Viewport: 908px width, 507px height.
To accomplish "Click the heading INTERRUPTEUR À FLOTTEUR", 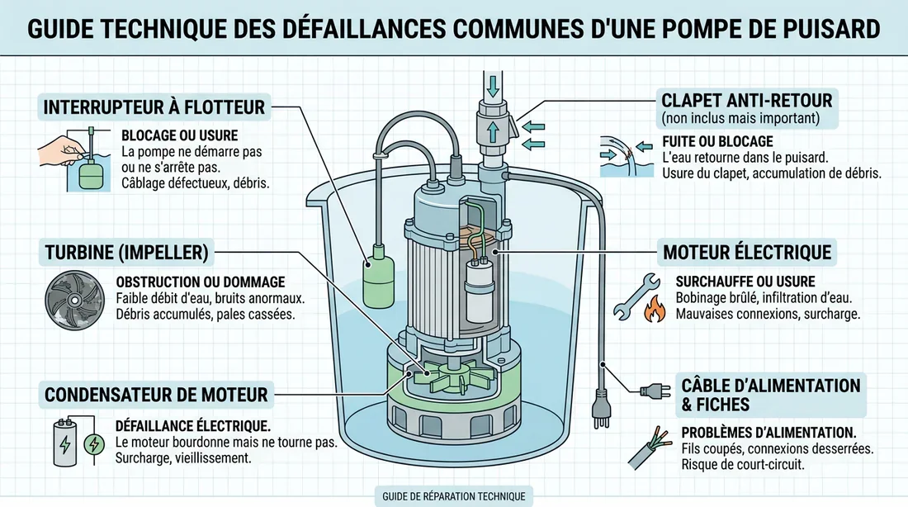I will tap(154, 107).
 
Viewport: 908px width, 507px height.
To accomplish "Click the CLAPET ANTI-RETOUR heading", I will tap(747, 102).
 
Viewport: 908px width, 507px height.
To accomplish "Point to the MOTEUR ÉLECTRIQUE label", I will tap(747, 251).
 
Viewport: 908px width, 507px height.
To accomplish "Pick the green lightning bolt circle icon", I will tap(95, 445).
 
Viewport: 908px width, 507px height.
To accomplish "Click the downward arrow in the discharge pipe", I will tap(492, 85).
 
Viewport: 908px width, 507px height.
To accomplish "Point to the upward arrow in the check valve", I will tap(493, 130).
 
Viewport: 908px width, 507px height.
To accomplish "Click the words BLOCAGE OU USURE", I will tap(179, 135).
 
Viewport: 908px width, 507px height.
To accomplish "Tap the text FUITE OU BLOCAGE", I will tap(717, 141).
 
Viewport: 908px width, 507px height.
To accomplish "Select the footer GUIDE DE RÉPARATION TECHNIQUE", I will tap(452, 496).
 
